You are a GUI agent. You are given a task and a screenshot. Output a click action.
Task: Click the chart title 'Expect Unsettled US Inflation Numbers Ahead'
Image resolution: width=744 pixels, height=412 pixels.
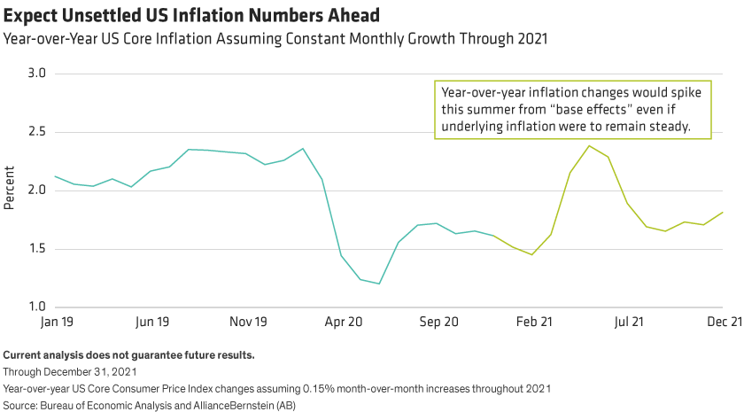(177, 15)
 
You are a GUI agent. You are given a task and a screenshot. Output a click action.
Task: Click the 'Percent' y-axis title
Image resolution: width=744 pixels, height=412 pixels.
(10, 190)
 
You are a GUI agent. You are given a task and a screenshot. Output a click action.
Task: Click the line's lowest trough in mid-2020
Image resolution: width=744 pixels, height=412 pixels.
(379, 284)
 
